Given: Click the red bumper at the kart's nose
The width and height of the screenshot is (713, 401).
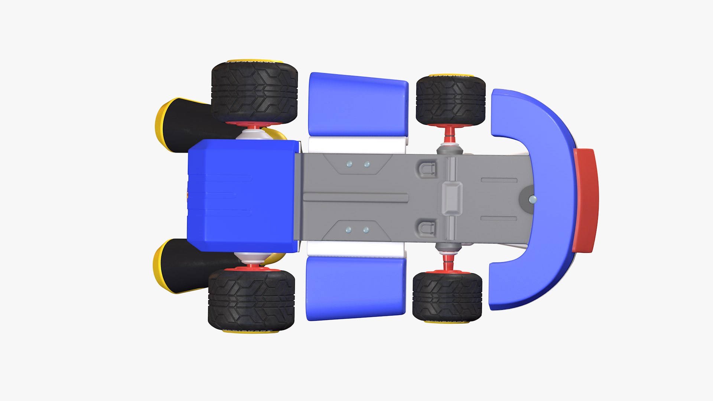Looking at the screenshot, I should [585, 200].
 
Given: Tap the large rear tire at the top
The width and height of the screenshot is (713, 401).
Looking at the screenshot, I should [254, 93].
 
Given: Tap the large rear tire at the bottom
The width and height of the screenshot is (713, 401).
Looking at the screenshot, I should [252, 300].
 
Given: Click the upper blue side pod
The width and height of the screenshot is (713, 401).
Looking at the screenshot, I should [357, 105].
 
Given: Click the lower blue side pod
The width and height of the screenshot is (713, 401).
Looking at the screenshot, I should [355, 288].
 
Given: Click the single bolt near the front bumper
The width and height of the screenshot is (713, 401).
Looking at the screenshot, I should [533, 199].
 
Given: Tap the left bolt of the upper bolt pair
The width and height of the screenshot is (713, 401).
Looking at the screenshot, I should [349, 164].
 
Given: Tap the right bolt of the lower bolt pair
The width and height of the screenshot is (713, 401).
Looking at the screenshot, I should [366, 230].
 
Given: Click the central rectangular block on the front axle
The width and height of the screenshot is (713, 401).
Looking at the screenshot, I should [452, 198].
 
